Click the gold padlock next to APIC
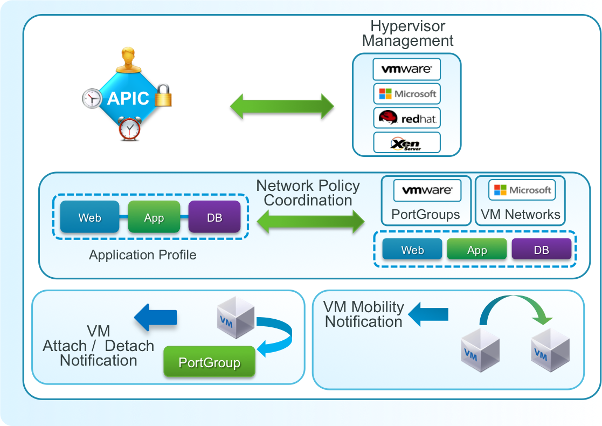click(163, 95)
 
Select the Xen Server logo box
click(406, 142)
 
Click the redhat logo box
click(406, 118)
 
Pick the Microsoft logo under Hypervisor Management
click(406, 93)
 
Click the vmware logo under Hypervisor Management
click(406, 69)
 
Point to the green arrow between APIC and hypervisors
click(282, 106)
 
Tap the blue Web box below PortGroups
click(412, 250)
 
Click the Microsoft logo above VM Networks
click(522, 190)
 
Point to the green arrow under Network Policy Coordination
click(311, 221)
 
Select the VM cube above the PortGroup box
click(236, 319)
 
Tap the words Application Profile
click(142, 255)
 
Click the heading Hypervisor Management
click(407, 33)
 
